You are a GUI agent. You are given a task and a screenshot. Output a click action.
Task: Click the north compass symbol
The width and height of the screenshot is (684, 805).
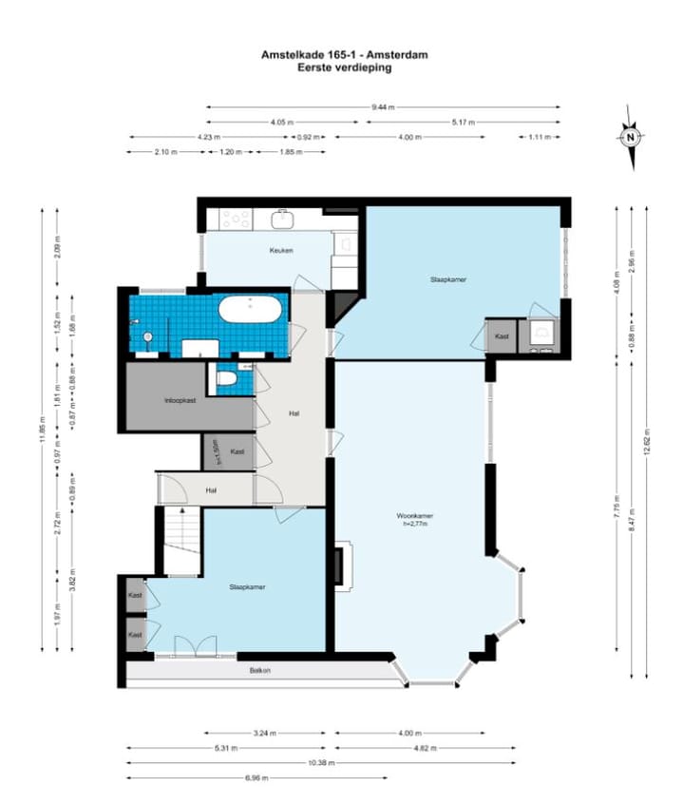[x=629, y=139]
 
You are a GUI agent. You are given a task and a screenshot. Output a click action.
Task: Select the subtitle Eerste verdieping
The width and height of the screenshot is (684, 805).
[x=344, y=68]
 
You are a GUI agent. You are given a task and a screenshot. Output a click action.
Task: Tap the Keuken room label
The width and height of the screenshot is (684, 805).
[x=280, y=251]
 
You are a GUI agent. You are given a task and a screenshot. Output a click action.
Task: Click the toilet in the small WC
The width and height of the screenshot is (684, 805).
[x=225, y=378]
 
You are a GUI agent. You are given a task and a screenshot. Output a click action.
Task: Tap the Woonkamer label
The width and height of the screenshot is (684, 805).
[x=415, y=516]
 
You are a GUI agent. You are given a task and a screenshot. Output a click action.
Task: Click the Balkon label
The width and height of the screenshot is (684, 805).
[x=260, y=671]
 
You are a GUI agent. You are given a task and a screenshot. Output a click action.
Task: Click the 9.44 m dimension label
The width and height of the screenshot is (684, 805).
[x=384, y=107]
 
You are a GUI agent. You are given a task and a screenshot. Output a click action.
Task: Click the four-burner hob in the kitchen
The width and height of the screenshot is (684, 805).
[x=236, y=219]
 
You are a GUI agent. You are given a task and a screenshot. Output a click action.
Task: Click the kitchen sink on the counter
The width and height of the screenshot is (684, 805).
[x=282, y=220]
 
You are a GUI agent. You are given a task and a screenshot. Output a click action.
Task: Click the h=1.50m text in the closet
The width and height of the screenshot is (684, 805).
[x=218, y=451]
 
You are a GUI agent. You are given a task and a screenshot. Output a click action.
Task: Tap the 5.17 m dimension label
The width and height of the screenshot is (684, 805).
[x=463, y=123]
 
